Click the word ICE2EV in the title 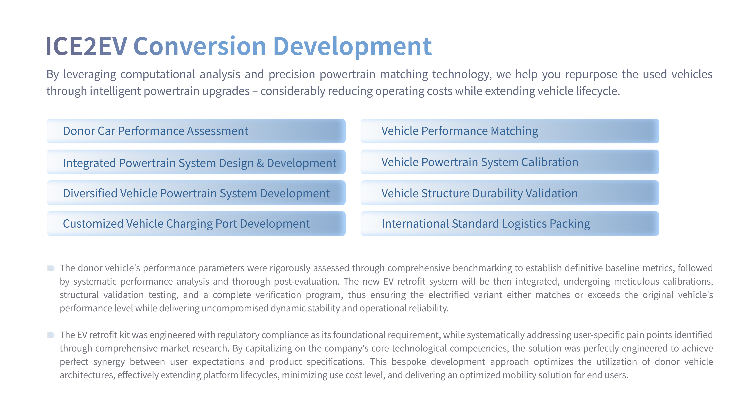86,46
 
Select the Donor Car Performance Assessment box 196,131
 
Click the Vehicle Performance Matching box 510,131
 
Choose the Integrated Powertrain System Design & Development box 196,162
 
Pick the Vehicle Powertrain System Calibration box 510,162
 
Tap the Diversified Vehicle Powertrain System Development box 196,193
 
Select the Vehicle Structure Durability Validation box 510,193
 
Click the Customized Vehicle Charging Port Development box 196,223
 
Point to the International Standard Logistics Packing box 510,223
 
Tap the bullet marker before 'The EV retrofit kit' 51,335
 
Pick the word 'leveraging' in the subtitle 90,75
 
